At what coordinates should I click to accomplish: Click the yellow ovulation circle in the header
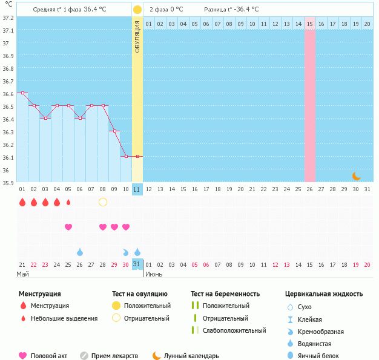[137, 10]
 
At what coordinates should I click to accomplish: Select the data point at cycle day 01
[22, 93]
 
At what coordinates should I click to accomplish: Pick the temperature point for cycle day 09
[114, 131]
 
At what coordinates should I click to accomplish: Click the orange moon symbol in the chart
[357, 175]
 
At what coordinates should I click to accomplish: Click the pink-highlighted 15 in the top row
[310, 24]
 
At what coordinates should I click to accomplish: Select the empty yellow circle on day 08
[103, 202]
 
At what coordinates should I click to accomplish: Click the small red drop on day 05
[68, 202]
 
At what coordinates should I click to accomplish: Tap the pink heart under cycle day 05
[68, 227]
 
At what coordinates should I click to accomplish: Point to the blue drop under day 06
[80, 252]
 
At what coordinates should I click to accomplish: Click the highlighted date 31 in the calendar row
[137, 264]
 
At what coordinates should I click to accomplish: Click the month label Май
[22, 274]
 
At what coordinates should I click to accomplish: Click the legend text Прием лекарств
[114, 356]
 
